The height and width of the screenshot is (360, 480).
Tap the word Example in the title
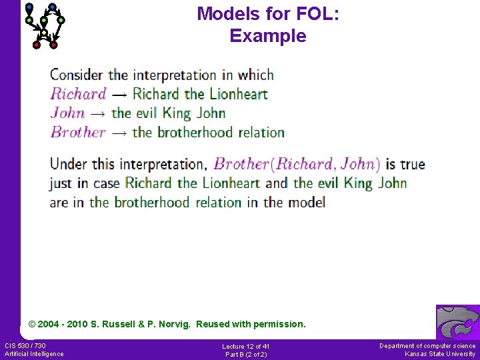[x=268, y=36]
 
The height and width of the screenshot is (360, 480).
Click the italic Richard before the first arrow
[x=78, y=94]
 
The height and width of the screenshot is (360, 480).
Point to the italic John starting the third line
[x=67, y=113]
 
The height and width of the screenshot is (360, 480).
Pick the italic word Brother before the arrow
[x=78, y=132]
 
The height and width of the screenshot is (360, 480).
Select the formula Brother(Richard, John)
[x=297, y=164]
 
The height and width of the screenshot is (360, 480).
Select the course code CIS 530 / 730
[x=25, y=345]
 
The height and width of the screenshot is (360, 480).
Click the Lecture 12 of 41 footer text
[x=245, y=346]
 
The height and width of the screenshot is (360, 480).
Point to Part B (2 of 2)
[x=245, y=354]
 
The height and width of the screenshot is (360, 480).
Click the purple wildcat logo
[x=457, y=323]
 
